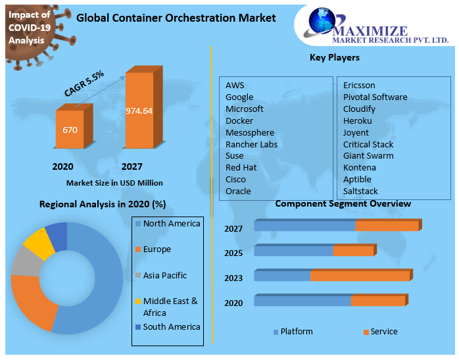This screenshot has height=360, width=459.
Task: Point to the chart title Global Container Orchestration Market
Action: tap(176, 18)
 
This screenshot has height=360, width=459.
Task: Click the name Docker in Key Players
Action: tap(239, 120)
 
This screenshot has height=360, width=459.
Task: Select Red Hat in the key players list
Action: tap(241, 167)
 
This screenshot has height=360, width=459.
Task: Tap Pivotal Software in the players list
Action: tap(375, 97)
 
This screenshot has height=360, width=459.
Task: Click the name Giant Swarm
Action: tap(368, 155)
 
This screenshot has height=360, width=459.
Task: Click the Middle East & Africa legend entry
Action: tap(170, 307)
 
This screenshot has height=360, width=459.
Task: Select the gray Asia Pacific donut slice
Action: tap(24, 262)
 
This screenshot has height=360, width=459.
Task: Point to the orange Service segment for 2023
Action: tap(360, 276)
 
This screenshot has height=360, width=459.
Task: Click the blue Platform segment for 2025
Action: tap(293, 251)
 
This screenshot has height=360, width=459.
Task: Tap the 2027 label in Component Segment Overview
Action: tap(233, 229)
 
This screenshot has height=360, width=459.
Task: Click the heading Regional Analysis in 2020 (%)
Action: tap(102, 204)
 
